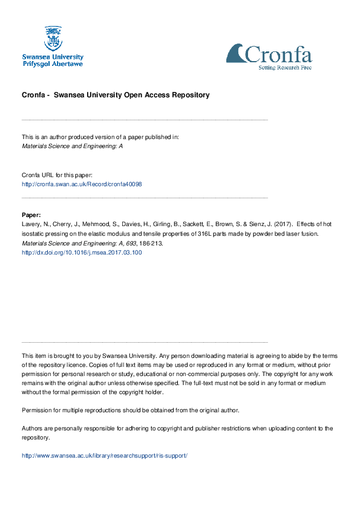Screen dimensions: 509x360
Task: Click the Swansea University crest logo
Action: [53, 38]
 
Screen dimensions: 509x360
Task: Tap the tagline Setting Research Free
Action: [285, 68]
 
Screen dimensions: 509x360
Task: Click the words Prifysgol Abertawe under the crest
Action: [53, 63]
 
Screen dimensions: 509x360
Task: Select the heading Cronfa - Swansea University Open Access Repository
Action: [116, 95]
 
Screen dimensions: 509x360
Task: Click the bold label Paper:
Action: [31, 215]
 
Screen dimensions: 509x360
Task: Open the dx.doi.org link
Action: [82, 253]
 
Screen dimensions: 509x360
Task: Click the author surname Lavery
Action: [31, 224]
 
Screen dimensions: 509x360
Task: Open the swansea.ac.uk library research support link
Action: [105, 455]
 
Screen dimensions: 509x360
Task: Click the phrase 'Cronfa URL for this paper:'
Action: [57, 174]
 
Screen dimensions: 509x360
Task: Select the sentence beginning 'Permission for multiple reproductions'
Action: [131, 410]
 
